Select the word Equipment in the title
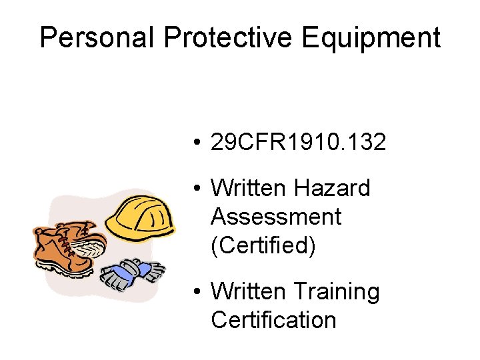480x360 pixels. pos(371,37)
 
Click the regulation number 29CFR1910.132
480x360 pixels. pos(298,142)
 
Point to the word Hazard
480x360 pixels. pos(332,189)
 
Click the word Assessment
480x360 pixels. pos(276,217)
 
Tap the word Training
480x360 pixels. pos(337,291)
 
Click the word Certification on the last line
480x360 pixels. pos(273,320)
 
